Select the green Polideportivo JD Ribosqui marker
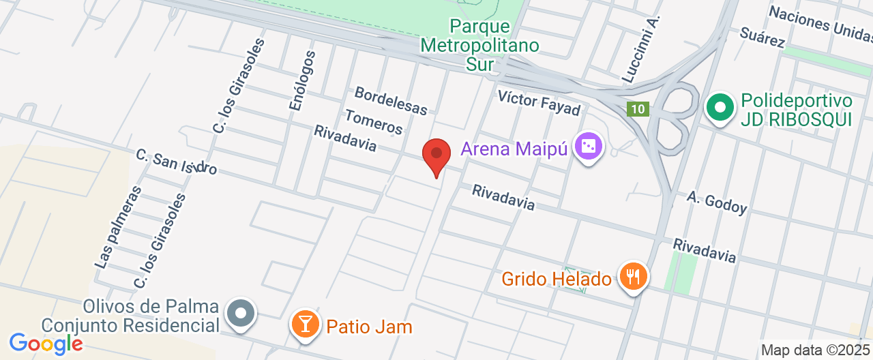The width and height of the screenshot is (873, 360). pos(719,108)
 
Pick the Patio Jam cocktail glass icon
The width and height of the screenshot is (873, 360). pos(304,324)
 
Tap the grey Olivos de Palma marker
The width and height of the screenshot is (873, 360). pos(241,314)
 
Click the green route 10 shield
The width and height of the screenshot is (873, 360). pos(638,109)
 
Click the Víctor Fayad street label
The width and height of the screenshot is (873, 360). pos(538,102)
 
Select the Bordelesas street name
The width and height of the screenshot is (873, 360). pos(391,100)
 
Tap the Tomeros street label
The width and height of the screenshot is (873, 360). pos(374,121)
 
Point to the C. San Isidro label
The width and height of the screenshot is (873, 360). pos(177,161)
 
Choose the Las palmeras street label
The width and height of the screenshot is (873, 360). pos(118,226)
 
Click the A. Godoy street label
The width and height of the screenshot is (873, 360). pos(717,202)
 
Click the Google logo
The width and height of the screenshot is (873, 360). pos(46,343)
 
